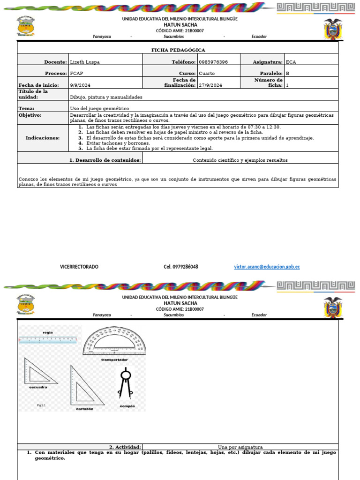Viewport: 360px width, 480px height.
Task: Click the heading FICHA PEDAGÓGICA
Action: (x=178, y=50)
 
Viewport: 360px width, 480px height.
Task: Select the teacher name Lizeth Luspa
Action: (x=85, y=62)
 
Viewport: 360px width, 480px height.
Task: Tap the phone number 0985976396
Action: (x=213, y=62)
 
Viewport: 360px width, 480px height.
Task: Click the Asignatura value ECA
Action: (x=291, y=62)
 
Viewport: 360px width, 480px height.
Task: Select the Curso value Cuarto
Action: (x=207, y=74)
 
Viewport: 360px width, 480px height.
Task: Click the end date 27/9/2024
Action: (x=210, y=85)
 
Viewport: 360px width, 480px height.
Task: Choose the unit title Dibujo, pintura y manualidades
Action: (x=106, y=97)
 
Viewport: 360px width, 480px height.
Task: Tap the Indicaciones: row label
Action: (x=43, y=138)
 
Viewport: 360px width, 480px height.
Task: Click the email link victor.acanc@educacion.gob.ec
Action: (x=267, y=267)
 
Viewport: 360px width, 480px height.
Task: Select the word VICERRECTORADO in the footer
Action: (x=79, y=267)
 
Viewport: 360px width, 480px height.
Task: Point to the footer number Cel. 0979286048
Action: (x=180, y=267)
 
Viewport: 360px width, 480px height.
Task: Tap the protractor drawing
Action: (x=114, y=341)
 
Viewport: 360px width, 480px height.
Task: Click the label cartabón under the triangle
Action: (x=85, y=409)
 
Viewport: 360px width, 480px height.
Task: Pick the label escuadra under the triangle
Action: (x=38, y=387)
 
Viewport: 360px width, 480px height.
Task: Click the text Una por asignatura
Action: (x=240, y=447)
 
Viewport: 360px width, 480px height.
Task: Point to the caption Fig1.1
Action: (x=42, y=404)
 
